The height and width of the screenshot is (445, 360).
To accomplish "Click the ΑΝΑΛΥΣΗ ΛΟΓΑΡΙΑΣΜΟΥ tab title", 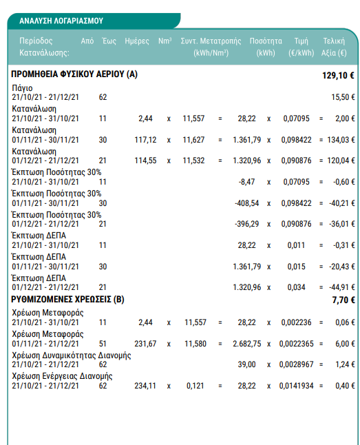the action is (x=61, y=21).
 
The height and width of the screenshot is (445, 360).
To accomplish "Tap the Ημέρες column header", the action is (x=137, y=41).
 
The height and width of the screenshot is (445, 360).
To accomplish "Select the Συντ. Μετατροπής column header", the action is (x=211, y=41).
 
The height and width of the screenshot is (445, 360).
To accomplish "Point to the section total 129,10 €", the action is (x=338, y=76).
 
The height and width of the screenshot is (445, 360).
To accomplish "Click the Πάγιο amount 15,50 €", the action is (x=343, y=97).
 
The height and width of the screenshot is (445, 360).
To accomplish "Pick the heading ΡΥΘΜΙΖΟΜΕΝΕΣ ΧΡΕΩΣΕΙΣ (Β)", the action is (x=67, y=300).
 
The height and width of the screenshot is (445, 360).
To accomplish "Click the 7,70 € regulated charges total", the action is (x=343, y=300).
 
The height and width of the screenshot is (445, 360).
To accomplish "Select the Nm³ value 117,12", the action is (x=145, y=140).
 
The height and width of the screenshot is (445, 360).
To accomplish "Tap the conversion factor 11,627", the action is (x=193, y=140).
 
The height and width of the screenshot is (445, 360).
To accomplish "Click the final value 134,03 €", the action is (x=341, y=140).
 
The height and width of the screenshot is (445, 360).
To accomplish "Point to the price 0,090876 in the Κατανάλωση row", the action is (x=296, y=161).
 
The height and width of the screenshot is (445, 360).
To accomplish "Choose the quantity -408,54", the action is (x=247, y=203).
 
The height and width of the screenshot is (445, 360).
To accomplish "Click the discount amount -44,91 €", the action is (x=341, y=287).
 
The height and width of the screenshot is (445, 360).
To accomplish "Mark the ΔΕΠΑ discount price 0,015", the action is (x=296, y=267).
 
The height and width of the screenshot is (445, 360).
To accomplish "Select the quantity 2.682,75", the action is (x=247, y=344).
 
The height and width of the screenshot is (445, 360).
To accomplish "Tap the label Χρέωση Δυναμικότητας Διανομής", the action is (x=71, y=355).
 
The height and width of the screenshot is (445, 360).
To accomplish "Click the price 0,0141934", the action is (x=296, y=386).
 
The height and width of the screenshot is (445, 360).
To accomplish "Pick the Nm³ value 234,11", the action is (x=145, y=386).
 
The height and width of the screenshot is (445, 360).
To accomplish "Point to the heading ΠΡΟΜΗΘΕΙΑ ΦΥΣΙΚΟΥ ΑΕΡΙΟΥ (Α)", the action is (x=74, y=74).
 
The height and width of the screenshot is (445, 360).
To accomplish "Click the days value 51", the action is (x=103, y=344).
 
